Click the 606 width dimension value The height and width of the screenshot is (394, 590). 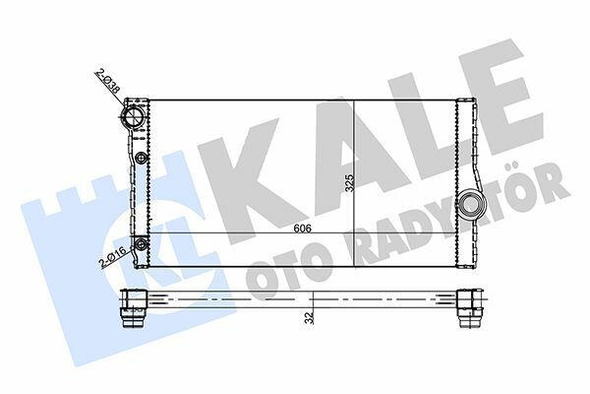tap(303, 229)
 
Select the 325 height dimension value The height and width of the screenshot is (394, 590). tap(349, 183)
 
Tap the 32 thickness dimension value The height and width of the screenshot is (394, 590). tap(310, 318)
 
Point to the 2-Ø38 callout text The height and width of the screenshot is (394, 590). tap(108, 81)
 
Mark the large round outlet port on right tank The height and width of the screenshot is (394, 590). tap(468, 204)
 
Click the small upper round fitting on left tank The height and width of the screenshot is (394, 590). tap(141, 158)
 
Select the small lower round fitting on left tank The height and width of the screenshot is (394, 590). tap(141, 244)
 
